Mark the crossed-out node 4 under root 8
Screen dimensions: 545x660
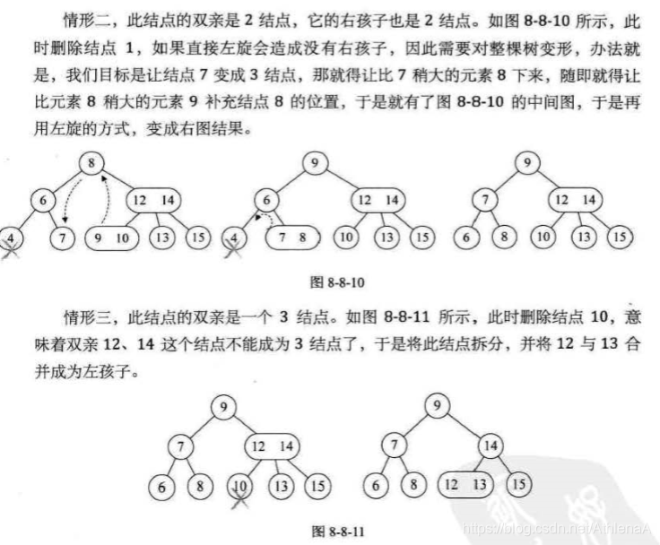click(12, 239)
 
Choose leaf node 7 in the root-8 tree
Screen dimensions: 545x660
click(62, 239)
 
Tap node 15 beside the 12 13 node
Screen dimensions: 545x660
click(518, 484)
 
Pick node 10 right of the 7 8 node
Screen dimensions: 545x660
click(345, 238)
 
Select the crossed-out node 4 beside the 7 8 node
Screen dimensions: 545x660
click(235, 240)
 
